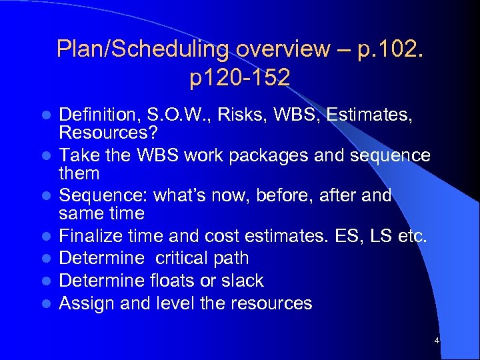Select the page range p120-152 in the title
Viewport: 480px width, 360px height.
pos(240,77)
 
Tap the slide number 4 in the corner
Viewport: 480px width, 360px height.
pos(436,341)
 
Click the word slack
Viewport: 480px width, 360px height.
pos(241,281)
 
